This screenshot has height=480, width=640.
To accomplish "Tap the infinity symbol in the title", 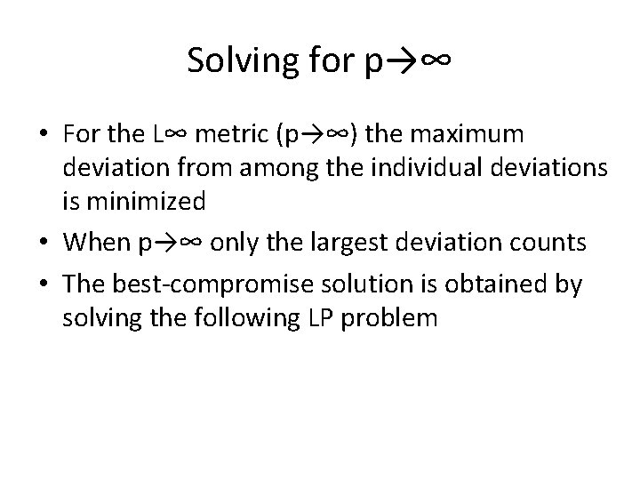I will (x=434, y=60).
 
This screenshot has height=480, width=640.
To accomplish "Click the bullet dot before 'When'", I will (x=44, y=244).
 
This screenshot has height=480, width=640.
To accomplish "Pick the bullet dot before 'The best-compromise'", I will (x=44, y=285).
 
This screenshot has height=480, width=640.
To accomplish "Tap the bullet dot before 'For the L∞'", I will (x=44, y=135).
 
